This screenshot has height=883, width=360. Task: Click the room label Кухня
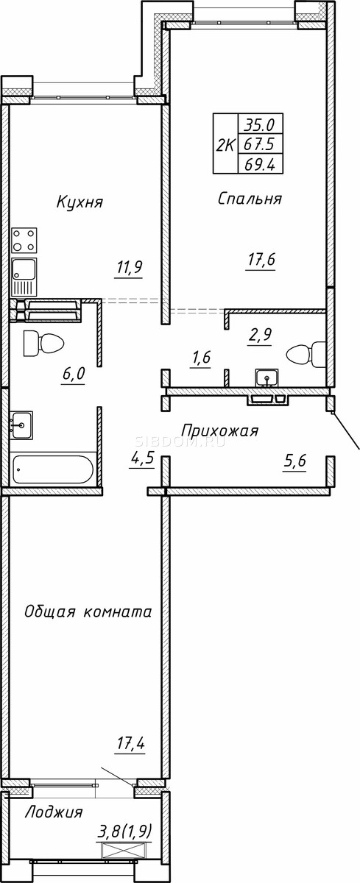coord(80,202)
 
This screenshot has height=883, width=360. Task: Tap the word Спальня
coord(250,198)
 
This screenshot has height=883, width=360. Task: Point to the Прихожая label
coord(220,430)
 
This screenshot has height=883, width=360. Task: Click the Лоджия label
coord(54,812)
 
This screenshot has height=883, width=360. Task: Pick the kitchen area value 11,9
coord(129,268)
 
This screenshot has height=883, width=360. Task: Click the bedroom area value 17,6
coord(261,260)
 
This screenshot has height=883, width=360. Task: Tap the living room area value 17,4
coord(130,744)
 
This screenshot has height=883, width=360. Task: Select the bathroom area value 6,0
coord(74,373)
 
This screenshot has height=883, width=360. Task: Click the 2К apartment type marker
coord(225,145)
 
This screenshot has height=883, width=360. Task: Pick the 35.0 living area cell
coord(259,125)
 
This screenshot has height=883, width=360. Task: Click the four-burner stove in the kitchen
coord(24,240)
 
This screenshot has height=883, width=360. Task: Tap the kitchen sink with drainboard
coord(24,277)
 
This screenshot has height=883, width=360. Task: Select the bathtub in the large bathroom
coord(53,469)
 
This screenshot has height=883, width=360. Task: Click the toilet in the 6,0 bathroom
coord(43,343)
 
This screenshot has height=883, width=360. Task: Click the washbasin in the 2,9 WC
coord(267,377)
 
